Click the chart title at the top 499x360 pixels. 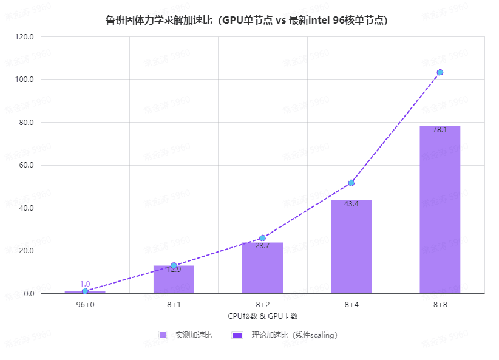click(246, 21)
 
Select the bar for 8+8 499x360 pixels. click(440, 209)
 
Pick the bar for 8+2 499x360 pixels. click(262, 268)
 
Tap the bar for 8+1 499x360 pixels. click(174, 279)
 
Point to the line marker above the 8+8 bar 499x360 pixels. click(440, 72)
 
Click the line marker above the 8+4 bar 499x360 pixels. click(351, 183)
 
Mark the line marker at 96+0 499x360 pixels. click(85, 291)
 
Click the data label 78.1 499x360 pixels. click(440, 130)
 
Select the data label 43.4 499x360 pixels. click(351, 204)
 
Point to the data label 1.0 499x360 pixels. click(85, 284)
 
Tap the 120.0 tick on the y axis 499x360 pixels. click(25, 37)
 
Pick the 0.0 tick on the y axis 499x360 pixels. click(29, 294)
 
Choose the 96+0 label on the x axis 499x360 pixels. click(85, 304)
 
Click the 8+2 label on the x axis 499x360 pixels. click(262, 304)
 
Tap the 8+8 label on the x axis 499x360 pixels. click(440, 304)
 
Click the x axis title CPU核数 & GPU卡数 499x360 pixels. click(262, 316)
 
